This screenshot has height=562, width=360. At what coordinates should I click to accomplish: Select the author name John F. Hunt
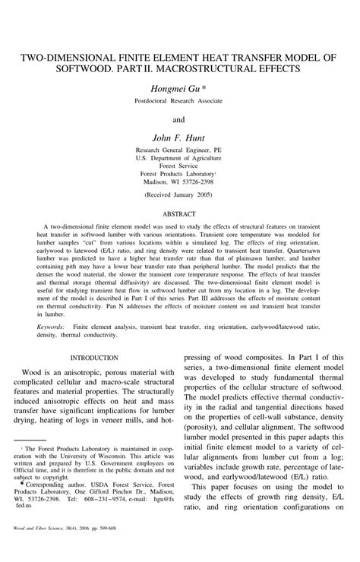point(179,138)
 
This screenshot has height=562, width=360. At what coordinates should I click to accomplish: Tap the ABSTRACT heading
point(179,214)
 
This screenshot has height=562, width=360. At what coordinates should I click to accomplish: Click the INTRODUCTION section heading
point(93,357)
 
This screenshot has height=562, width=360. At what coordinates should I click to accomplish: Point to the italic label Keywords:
point(49,327)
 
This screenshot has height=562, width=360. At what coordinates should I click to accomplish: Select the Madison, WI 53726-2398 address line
point(179,181)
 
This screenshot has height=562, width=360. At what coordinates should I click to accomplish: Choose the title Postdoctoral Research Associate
point(179,101)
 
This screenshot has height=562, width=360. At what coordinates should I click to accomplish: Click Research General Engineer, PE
point(179,151)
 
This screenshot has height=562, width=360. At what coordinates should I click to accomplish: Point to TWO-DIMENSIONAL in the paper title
point(69,56)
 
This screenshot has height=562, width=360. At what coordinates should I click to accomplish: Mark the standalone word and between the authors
point(179,119)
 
